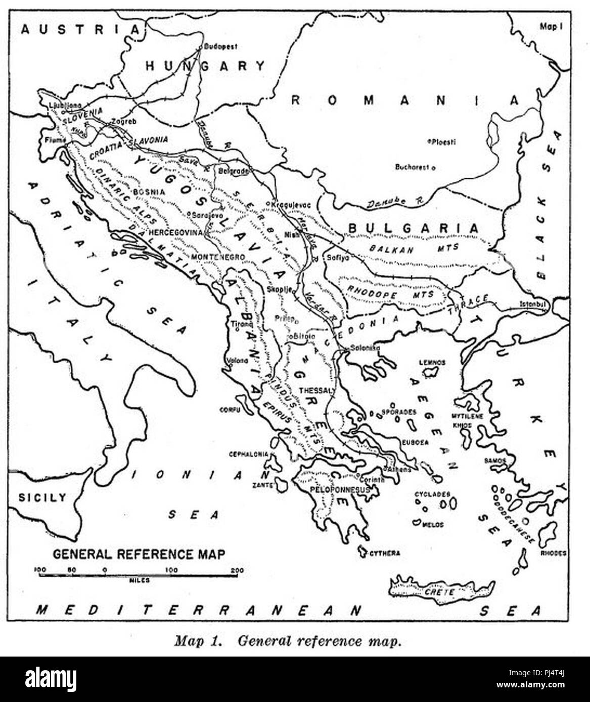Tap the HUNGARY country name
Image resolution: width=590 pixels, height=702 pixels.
click(x=205, y=66)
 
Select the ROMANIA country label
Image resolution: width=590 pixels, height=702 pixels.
click(x=404, y=101)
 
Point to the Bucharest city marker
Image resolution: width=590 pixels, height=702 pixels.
click(x=433, y=167)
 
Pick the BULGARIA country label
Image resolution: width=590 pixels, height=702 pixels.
click(x=413, y=228)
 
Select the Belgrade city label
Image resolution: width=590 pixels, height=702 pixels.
click(x=233, y=171)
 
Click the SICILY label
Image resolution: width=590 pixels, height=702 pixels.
click(x=42, y=497)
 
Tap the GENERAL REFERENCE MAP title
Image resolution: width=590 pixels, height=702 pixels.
click(x=139, y=554)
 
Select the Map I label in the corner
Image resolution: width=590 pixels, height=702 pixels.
click(x=551, y=27)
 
